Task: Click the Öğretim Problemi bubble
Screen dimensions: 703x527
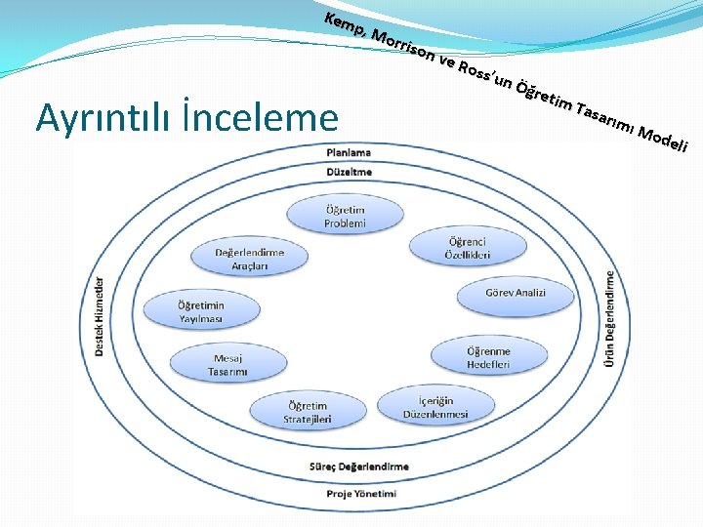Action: [345, 217]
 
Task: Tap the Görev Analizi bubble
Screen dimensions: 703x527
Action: [515, 293]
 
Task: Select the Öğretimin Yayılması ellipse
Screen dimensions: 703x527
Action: [200, 311]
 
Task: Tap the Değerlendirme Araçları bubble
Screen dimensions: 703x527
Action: [249, 259]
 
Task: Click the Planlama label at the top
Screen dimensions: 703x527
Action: [349, 152]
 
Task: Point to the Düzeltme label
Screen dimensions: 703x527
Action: [349, 172]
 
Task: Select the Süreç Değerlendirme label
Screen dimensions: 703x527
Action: [359, 466]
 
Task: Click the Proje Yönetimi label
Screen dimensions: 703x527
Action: [361, 494]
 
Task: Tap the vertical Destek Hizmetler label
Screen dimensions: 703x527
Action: [99, 315]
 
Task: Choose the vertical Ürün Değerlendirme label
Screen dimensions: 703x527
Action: [610, 318]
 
